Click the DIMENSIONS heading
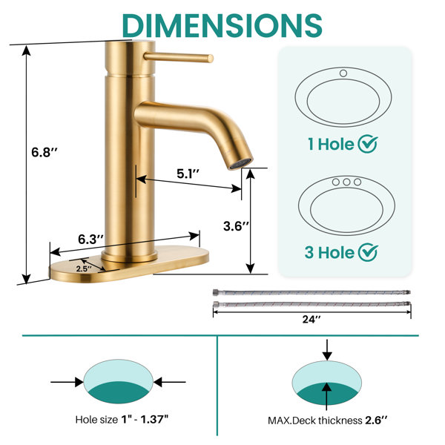coord(222,25)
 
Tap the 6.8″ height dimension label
coord(44,152)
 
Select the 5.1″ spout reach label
coord(188,174)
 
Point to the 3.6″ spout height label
coord(236,226)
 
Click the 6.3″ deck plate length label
coord(90,240)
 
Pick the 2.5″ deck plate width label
coord(84,268)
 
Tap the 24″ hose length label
coord(311,319)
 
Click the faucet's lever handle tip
coord(210,59)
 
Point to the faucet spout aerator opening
coord(240,164)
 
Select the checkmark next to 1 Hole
coord(368,144)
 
